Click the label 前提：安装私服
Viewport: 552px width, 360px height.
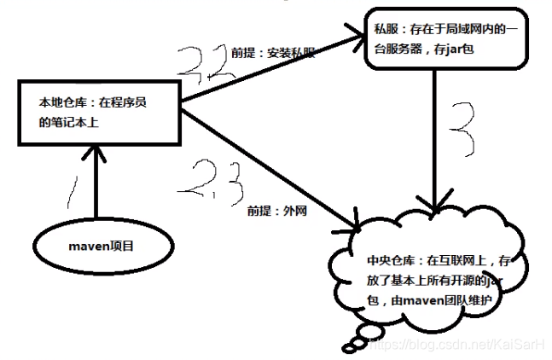[x=273, y=52]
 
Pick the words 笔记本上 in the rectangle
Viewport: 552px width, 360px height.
[x=79, y=122]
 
